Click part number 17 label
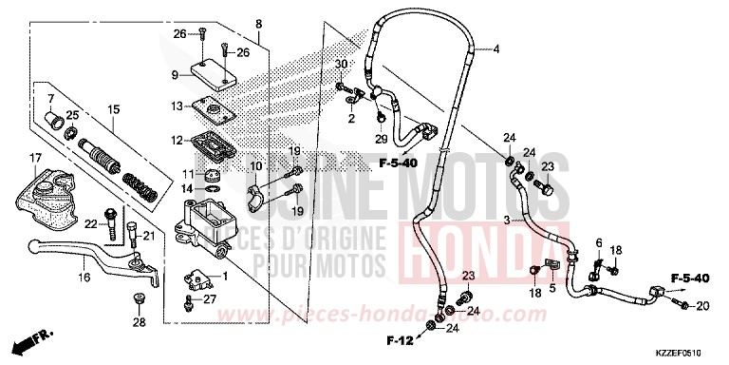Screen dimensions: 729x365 click(35, 157)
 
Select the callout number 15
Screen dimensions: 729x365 click(113, 110)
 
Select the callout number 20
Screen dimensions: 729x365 click(701, 306)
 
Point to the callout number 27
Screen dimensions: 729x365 click(211, 300)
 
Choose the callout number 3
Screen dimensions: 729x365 click(507, 221)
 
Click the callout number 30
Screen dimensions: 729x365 click(342, 64)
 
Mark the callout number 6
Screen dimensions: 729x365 click(599, 244)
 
